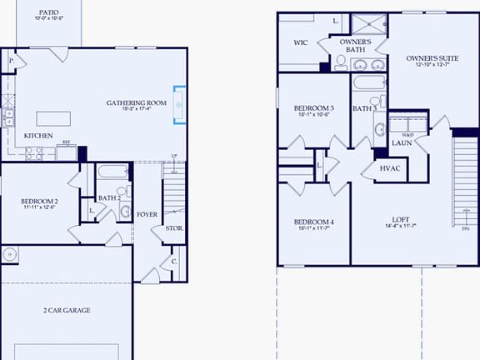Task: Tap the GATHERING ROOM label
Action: point(137,102)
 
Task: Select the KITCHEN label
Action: point(39,135)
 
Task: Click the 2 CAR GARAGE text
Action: point(67,310)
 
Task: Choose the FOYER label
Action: point(147,214)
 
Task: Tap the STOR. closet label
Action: point(174,228)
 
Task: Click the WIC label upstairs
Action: point(301,42)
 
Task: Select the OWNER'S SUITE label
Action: point(427,57)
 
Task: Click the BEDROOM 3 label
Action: point(314,108)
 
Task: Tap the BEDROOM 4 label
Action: point(314,222)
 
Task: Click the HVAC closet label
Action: point(391,168)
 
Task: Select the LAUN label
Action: point(403,142)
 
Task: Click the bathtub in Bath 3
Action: point(364,84)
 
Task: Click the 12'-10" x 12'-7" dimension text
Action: point(427,64)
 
